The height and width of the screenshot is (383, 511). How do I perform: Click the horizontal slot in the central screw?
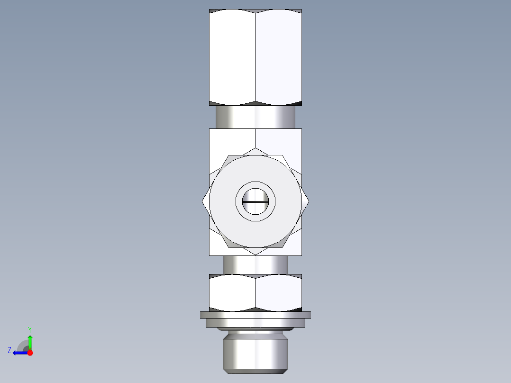[x=255, y=201]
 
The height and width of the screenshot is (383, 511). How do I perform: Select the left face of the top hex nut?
[x=232, y=57]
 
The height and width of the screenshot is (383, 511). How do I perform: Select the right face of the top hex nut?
[x=279, y=57]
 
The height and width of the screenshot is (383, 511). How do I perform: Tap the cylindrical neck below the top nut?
[x=255, y=117]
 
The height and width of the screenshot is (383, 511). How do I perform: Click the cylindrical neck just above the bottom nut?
[x=255, y=264]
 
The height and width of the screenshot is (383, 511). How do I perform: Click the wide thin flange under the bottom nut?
[x=255, y=315]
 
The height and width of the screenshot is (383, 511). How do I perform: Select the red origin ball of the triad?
[x=30, y=353]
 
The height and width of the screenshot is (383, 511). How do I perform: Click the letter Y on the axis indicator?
[x=29, y=329]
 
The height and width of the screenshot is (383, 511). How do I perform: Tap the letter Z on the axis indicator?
[x=9, y=350]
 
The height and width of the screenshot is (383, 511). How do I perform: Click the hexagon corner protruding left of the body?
[x=204, y=201]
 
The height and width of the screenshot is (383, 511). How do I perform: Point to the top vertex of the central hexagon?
[x=255, y=148]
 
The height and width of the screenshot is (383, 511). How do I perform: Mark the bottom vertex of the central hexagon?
[x=255, y=255]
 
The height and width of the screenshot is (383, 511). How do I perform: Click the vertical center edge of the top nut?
[x=255, y=57]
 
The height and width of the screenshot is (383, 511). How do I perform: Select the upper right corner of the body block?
[x=301, y=129]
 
